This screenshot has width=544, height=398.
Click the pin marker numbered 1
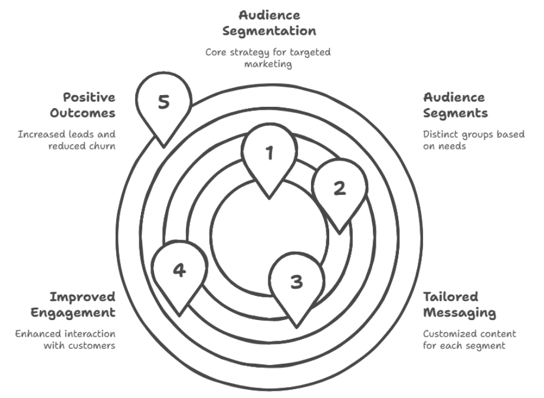pyautogui.click(x=270, y=155)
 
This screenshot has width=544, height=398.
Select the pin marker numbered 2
pyautogui.click(x=339, y=189)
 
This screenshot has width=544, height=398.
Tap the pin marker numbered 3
pyautogui.click(x=297, y=282)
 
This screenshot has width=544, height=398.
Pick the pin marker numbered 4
pyautogui.click(x=179, y=271)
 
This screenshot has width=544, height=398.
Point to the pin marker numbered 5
pyautogui.click(x=163, y=103)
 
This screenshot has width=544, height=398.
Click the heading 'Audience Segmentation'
pyautogui.click(x=268, y=23)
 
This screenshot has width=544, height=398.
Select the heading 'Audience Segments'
pyautogui.click(x=454, y=105)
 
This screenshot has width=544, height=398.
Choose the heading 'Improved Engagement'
pyautogui.click(x=82, y=304)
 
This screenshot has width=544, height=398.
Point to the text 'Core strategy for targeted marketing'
pyautogui.click(x=268, y=57)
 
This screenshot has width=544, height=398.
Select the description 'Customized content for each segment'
pyautogui.click(x=464, y=340)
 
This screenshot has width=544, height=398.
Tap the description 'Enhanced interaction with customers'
pyautogui.click(x=65, y=340)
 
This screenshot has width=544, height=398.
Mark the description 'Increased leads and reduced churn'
pyautogui.click(x=67, y=139)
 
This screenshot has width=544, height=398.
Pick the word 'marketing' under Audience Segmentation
pyautogui.click(x=268, y=63)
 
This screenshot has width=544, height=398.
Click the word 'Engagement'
pyautogui.click(x=82, y=312)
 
